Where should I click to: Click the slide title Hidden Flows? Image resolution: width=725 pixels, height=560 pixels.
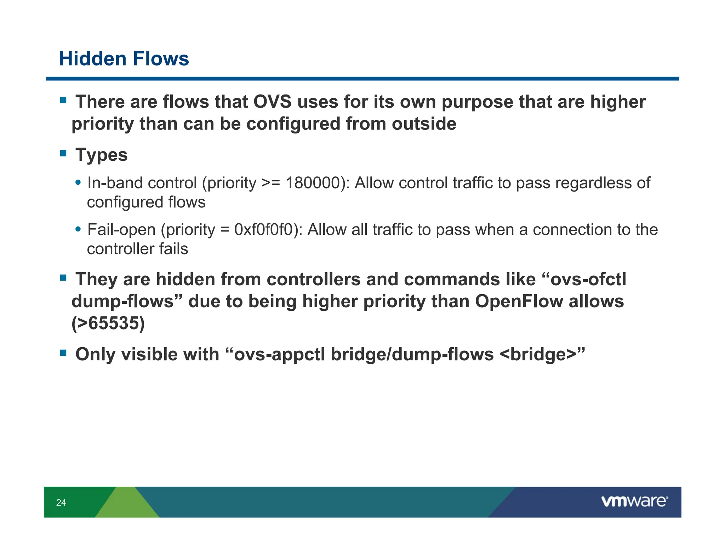coord(124,59)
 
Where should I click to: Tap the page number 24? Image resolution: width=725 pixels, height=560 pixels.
coord(61,503)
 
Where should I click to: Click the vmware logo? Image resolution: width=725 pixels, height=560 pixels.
coord(634,501)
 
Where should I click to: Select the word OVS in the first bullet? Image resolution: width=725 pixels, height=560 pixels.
coord(272,102)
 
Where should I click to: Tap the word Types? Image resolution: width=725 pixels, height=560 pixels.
coord(102,155)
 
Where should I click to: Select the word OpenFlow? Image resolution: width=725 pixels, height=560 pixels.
coord(519,302)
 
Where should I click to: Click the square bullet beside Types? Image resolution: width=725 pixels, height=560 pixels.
coord(63,154)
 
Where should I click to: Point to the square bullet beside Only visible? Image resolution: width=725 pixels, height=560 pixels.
coord(63,353)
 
